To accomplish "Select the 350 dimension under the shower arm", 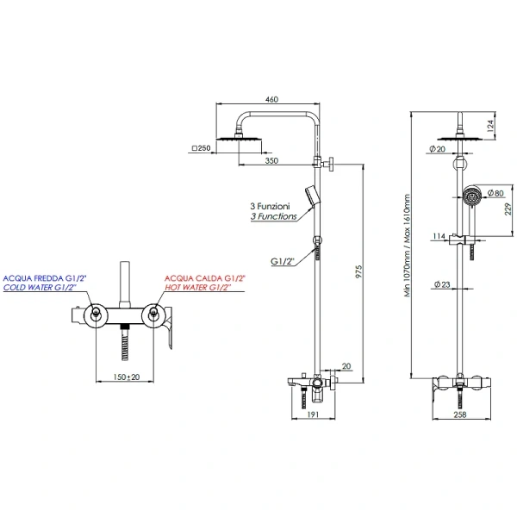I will coord(271,159).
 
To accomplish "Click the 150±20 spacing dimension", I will coord(128,377).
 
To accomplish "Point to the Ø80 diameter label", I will coord(495,193).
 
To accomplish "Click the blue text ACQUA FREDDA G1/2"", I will coord(45,278).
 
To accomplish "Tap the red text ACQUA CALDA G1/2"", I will coord(205,278).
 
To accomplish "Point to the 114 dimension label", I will coord(439,235).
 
